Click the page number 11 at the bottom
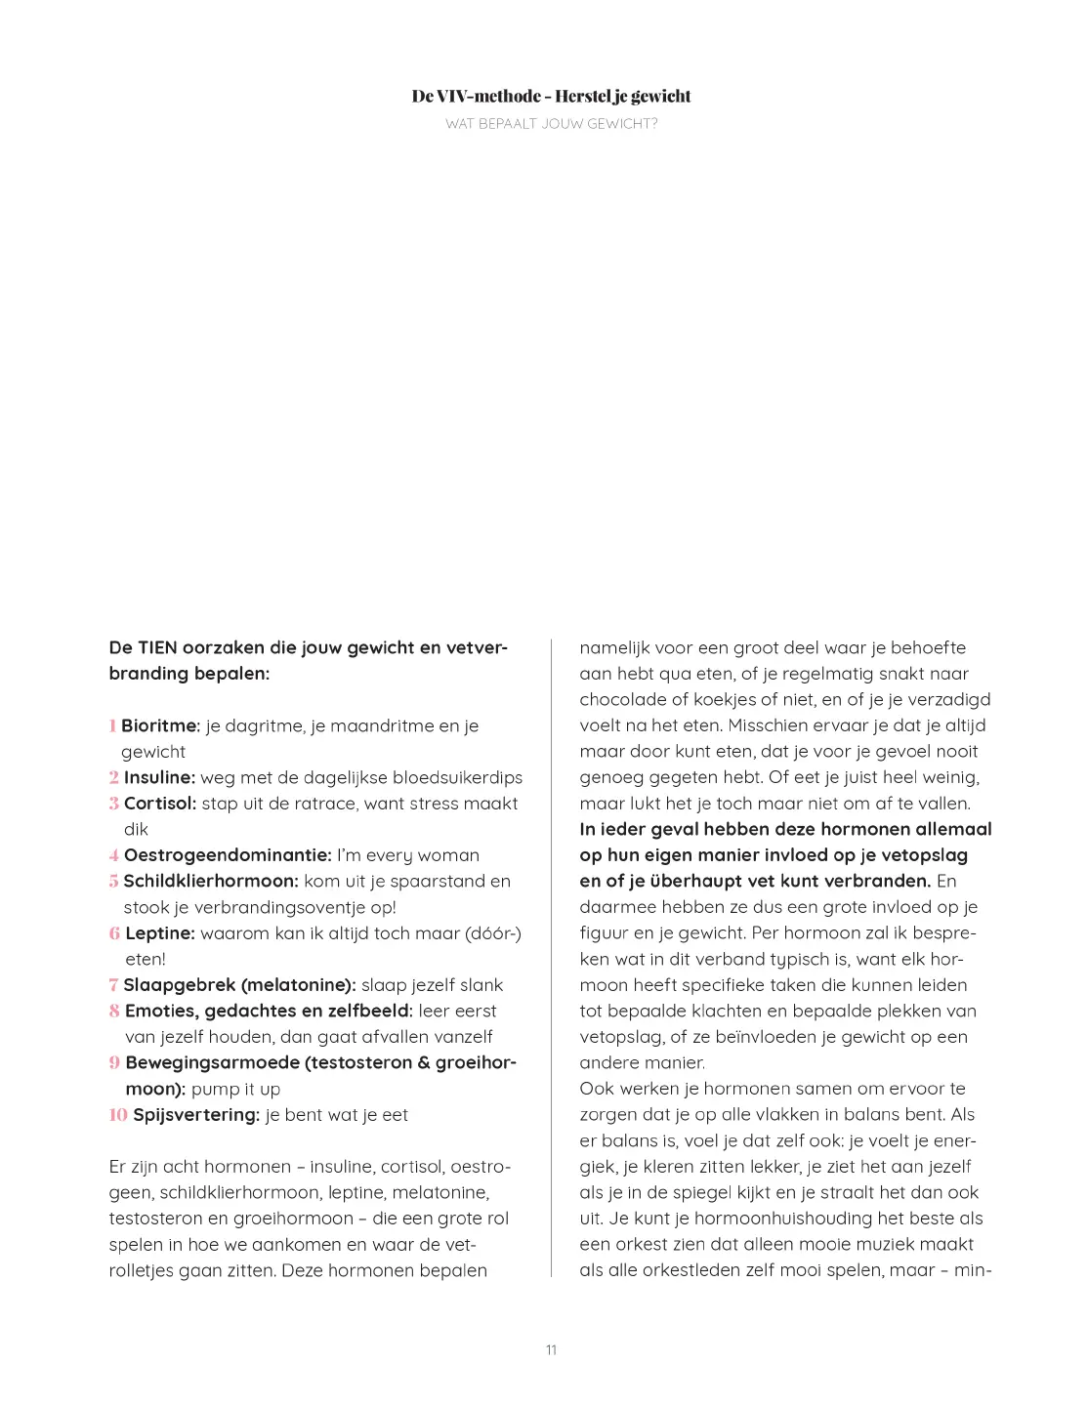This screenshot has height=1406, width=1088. coord(551,1349)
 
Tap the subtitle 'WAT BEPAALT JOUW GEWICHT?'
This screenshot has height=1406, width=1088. coord(551,123)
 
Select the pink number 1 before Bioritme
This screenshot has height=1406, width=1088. coord(113,725)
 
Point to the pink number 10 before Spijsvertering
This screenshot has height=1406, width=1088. coord(118,1114)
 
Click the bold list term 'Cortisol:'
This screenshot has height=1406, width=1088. coord(160,803)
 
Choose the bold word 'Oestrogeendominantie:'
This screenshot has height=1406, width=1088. coord(228,854)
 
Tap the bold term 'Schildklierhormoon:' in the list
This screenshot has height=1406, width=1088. coord(210,881)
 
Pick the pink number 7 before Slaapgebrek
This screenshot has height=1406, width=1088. coord(113,984)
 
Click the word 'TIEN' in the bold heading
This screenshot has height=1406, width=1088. coord(157,647)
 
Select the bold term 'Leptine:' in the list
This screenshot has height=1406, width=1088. coord(160,932)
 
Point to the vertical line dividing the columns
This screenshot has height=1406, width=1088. coord(552,957)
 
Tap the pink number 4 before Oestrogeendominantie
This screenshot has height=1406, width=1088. coord(114,854)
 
